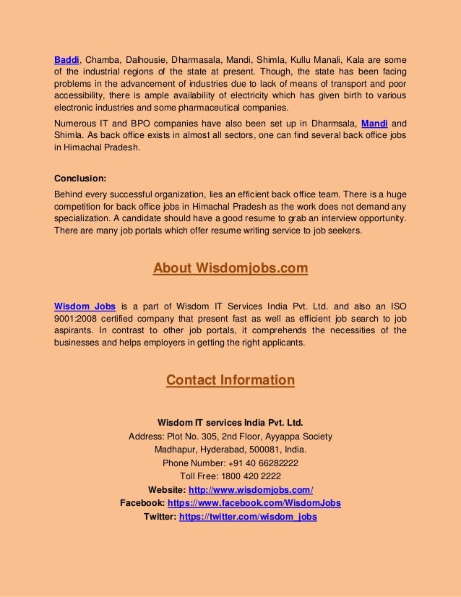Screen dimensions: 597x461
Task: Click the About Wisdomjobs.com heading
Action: pos(231,269)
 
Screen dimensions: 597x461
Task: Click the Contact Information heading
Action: pos(231,380)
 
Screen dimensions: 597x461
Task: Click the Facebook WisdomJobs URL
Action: pos(254,503)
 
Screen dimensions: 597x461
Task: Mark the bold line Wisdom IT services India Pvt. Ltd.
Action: pos(231,423)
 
